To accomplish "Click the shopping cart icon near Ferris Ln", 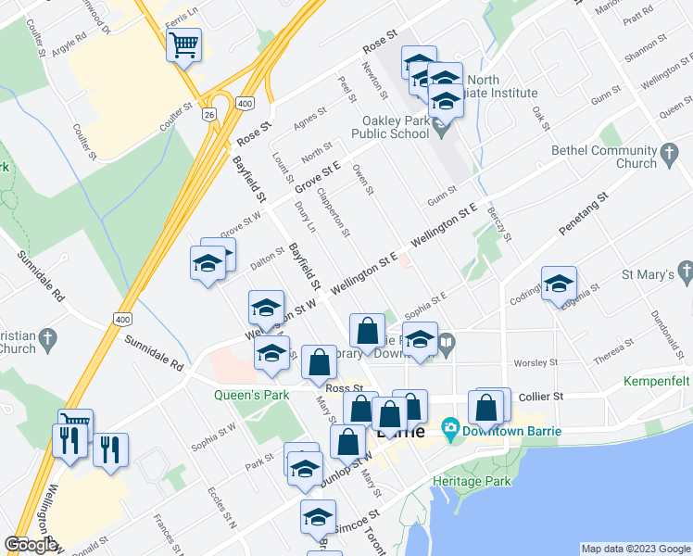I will [183, 44].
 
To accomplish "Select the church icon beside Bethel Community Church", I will [669, 156].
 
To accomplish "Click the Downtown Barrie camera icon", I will [451, 428].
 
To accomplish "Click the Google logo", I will [31, 545].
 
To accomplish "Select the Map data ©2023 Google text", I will [635, 549].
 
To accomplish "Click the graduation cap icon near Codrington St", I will [559, 284].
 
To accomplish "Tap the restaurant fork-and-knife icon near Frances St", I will [110, 450].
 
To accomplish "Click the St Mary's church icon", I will [685, 273].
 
